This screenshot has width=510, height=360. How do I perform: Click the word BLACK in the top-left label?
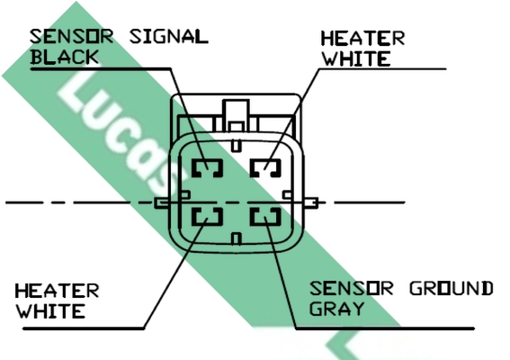click(64, 57)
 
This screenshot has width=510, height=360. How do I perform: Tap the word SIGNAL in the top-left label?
click(169, 36)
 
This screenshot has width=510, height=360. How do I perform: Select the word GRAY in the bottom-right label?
click(336, 308)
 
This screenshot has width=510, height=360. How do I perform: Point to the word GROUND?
click(452, 288)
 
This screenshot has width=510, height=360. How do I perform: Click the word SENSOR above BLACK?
click(72, 36)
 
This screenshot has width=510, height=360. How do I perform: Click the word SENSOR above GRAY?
click(352, 288)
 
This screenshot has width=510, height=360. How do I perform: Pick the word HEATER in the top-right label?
click(362, 38)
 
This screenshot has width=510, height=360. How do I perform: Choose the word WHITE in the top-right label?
click(356, 58)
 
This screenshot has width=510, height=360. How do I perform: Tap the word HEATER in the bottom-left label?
click(57, 291)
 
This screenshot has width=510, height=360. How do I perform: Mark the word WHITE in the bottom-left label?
click(50, 311)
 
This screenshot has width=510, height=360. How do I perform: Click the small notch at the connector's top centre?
click(237, 146)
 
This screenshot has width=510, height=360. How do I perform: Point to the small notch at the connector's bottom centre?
click(237, 238)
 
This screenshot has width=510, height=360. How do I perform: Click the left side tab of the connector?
click(161, 203)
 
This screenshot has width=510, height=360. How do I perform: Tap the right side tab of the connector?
click(311, 202)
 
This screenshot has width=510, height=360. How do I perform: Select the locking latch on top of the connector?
click(237, 116)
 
